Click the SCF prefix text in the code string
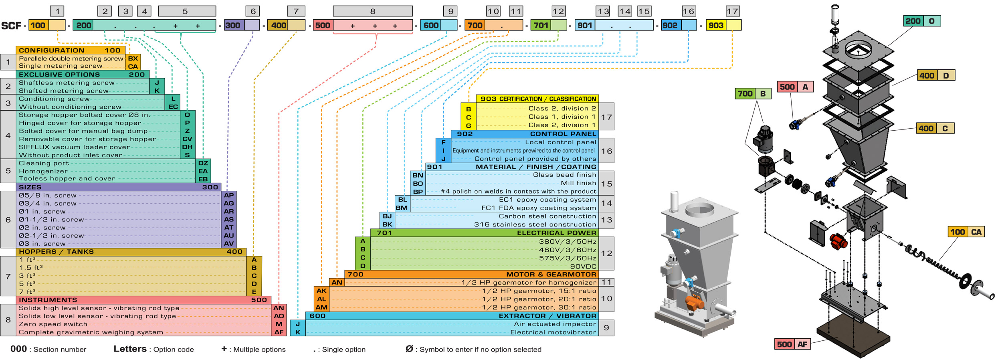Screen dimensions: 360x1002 (x=11, y=26)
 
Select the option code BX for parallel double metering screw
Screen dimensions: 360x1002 (x=133, y=59)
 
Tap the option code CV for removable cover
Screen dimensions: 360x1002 (x=187, y=139)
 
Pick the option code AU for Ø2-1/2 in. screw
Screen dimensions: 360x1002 (x=229, y=236)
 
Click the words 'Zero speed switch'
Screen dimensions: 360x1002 (x=53, y=324)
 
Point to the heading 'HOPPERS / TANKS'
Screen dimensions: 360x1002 (x=56, y=252)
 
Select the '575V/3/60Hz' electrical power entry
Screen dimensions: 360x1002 (x=568, y=258)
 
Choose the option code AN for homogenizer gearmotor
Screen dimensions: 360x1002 (x=337, y=282)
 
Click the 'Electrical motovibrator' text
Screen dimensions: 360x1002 (x=553, y=332)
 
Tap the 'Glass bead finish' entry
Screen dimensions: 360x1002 (x=564, y=175)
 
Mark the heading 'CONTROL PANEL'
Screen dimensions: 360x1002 (x=563, y=134)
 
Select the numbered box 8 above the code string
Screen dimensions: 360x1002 (x=372, y=11)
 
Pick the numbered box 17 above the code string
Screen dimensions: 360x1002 (x=732, y=11)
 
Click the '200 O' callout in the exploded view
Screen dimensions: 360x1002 (x=922, y=21)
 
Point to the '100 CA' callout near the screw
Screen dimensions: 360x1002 (x=966, y=232)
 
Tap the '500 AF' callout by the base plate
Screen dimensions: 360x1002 (x=792, y=344)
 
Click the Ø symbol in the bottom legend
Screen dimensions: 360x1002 (x=409, y=349)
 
